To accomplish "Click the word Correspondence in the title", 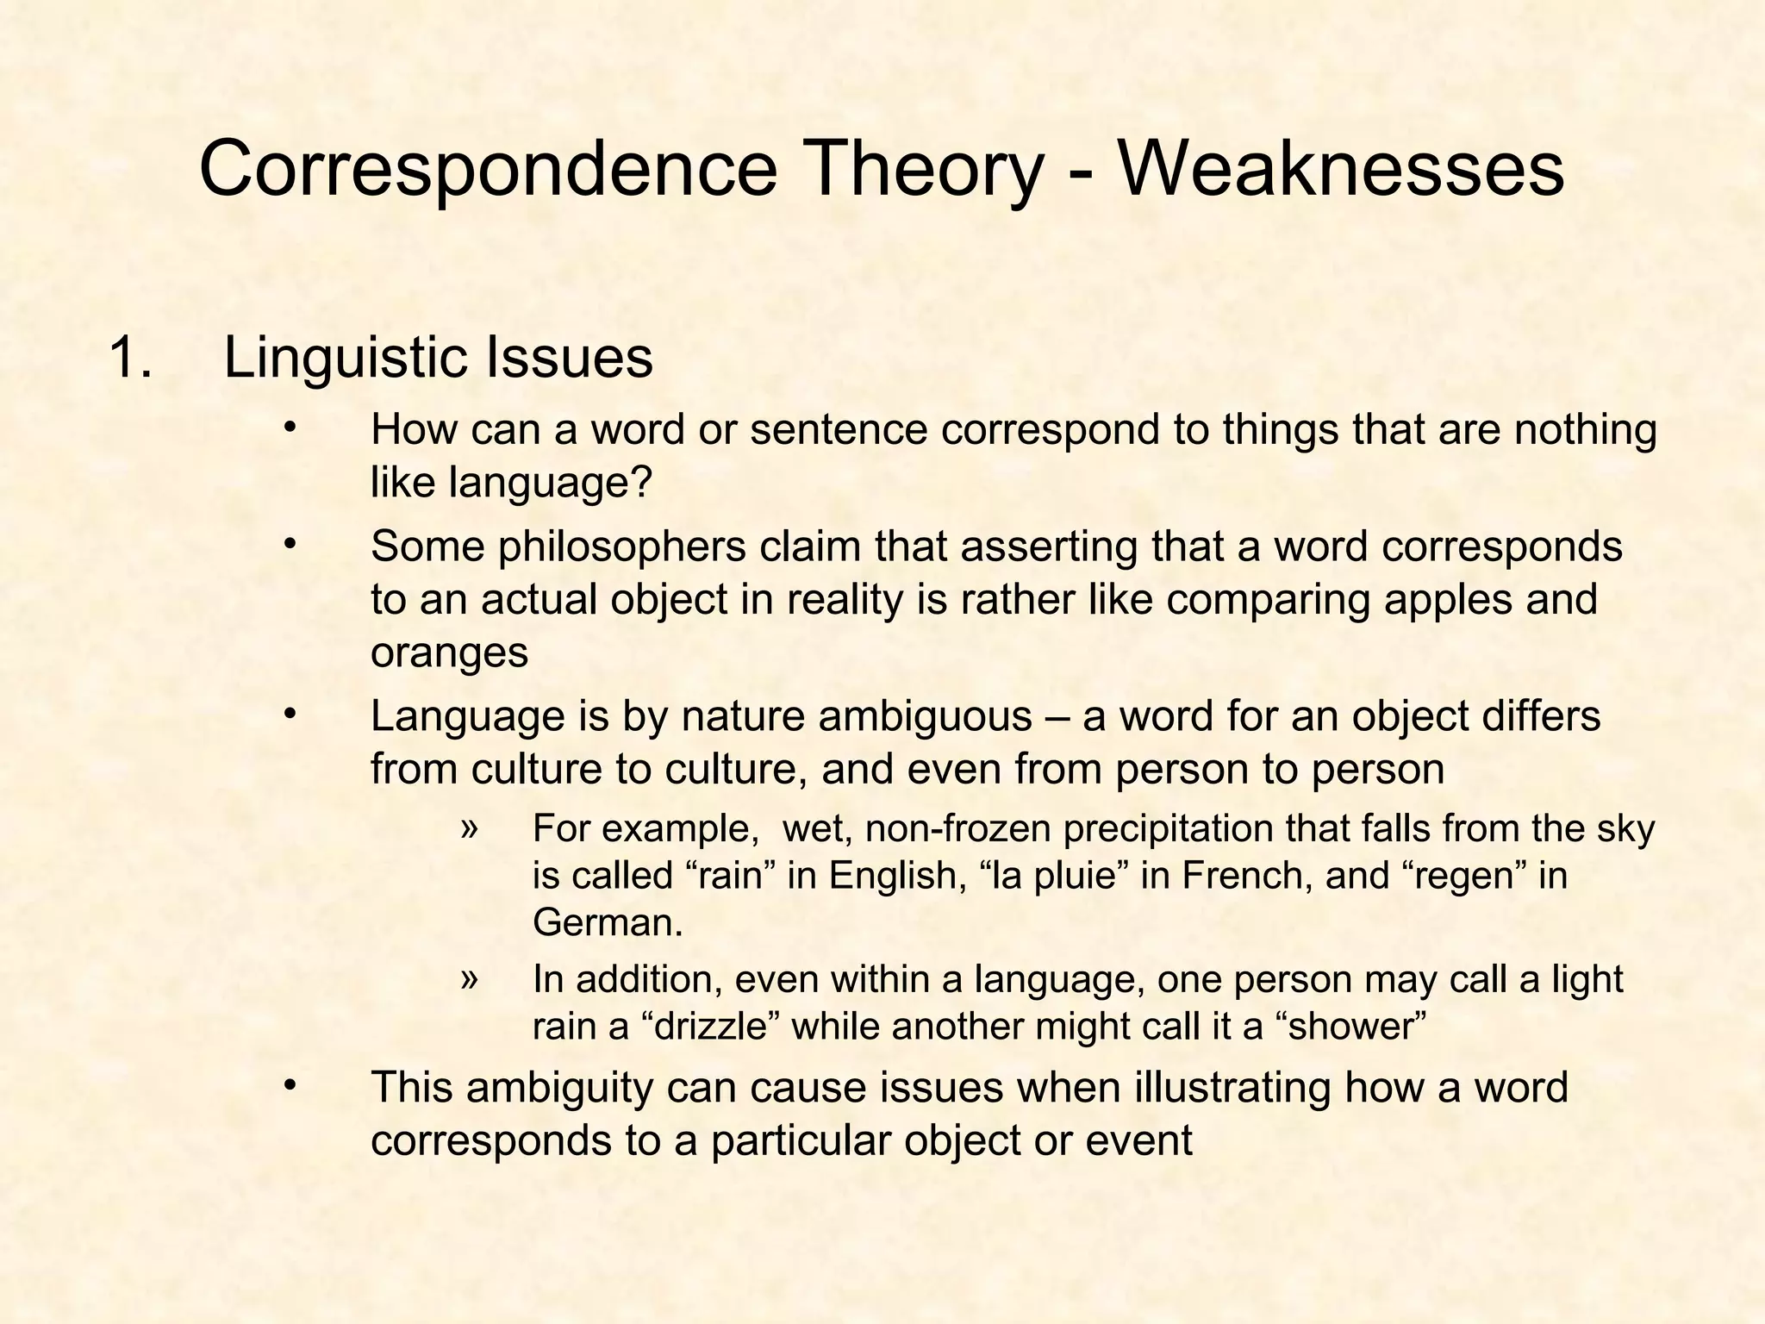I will click(488, 170).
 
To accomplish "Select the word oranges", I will click(449, 652).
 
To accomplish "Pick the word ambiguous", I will click(925, 715).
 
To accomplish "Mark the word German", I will click(607, 922).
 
